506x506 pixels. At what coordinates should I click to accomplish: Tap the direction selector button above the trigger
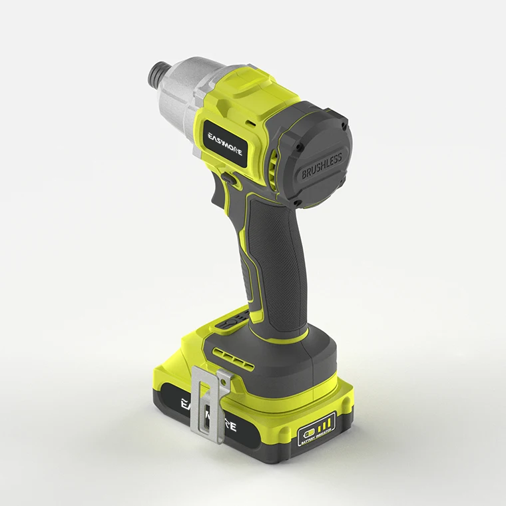click(226, 178)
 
